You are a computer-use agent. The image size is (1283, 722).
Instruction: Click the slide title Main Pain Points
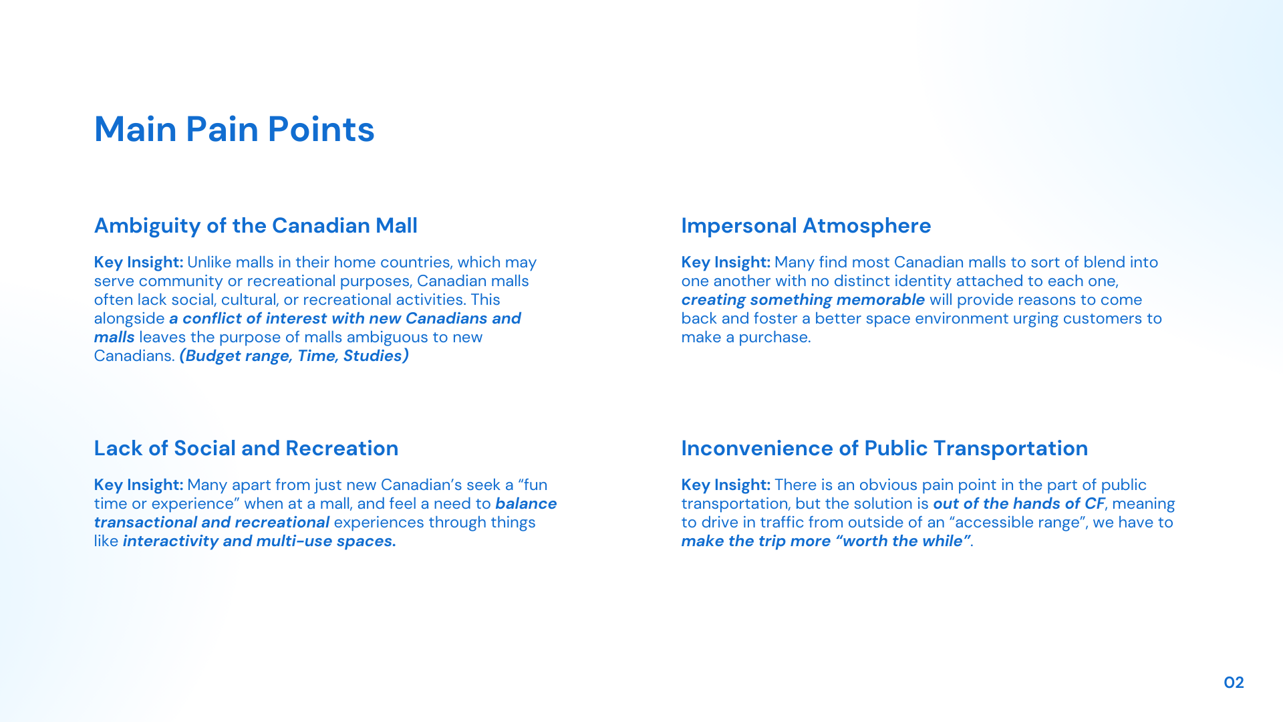(234, 129)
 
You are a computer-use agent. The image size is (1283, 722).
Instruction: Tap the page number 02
(1234, 683)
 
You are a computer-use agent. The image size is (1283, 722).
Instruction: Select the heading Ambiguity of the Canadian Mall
(255, 226)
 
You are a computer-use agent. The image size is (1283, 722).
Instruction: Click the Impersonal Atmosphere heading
(806, 226)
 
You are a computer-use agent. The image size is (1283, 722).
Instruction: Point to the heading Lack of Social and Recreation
(246, 448)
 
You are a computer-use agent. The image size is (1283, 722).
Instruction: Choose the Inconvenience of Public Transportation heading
(884, 448)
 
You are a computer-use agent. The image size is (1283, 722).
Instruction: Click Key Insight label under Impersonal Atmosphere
(726, 262)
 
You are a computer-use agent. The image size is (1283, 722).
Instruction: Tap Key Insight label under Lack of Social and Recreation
(138, 485)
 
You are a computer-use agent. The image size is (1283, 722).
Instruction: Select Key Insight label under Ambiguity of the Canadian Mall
(138, 262)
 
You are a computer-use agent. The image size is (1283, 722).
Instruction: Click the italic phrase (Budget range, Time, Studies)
(294, 356)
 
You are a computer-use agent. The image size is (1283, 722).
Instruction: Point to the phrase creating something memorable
(803, 299)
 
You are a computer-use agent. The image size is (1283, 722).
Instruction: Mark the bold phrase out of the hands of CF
(1019, 503)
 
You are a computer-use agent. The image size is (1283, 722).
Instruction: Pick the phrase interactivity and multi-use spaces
(259, 541)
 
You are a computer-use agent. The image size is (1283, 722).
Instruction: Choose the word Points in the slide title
(321, 129)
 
